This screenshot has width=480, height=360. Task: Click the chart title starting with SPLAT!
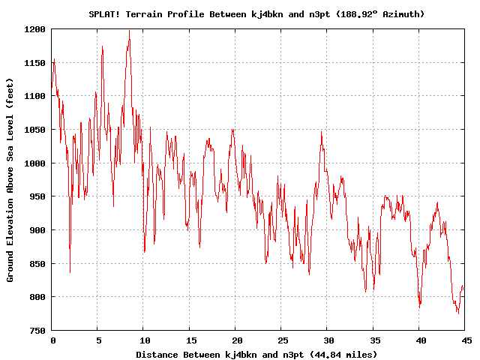[256, 13]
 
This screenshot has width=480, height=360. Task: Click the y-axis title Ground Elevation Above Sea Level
[10, 178]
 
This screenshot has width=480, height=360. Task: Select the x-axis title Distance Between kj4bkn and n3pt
[256, 354]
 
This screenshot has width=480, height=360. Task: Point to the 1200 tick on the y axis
[36, 29]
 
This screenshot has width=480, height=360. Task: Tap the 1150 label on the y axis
[36, 63]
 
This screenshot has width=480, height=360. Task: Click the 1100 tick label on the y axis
[36, 96]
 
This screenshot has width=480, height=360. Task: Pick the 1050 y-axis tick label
[36, 130]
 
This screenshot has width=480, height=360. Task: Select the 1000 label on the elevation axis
[36, 163]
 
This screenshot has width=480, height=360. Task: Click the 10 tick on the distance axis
[144, 340]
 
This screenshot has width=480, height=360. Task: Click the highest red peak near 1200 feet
[129, 31]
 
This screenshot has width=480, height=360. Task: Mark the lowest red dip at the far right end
[458, 313]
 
